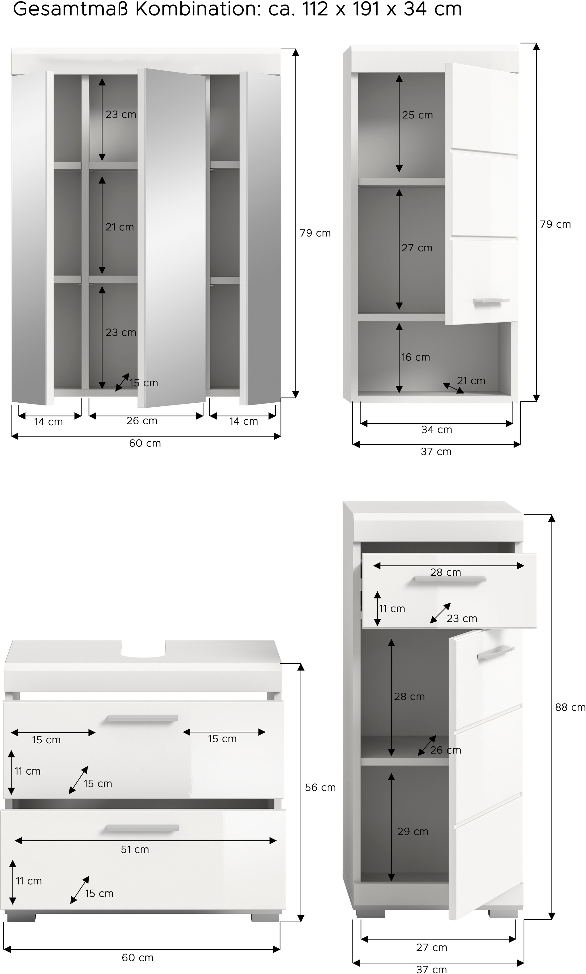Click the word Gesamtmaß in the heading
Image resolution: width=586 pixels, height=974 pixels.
point(71,9)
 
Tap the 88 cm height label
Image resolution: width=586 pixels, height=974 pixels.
point(570,707)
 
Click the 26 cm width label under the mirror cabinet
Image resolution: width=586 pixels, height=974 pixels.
point(142,421)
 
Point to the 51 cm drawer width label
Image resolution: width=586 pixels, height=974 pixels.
point(135,849)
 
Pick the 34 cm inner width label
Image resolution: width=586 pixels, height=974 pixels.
point(436,429)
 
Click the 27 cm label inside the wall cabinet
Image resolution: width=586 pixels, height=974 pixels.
point(417,248)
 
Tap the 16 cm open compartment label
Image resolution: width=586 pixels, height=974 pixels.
point(415,357)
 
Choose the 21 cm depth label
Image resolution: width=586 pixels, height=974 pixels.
point(471,381)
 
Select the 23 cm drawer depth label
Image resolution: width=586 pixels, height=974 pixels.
point(462,618)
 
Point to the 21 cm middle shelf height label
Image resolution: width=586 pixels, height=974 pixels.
point(119,227)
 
